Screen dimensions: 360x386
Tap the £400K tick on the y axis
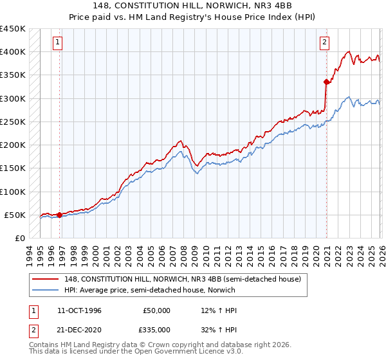tap(14, 52)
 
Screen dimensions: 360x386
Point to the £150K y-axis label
tap(14, 168)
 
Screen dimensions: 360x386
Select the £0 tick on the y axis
tap(20, 239)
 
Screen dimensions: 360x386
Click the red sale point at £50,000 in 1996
tap(60, 215)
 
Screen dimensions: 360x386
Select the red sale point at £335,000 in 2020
tap(326, 82)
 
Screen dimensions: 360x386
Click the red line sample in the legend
tap(46, 279)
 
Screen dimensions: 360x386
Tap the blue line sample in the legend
tap(46, 290)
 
